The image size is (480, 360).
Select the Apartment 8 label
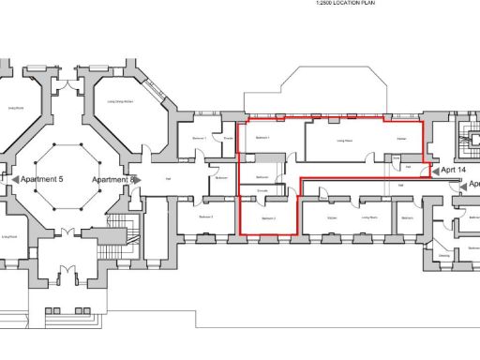[114, 178]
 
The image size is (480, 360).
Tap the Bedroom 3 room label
[206, 217]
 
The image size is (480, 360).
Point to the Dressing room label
[444, 255]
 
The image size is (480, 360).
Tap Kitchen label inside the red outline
[400, 140]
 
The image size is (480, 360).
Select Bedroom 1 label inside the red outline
[262, 137]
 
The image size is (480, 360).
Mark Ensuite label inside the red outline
[262, 190]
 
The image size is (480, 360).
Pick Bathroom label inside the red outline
[262, 176]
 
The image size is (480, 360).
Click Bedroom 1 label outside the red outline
[199, 137]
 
